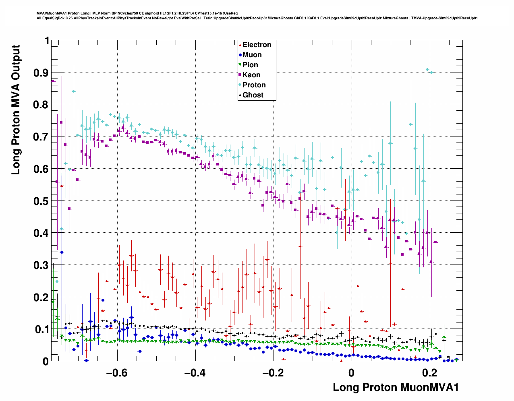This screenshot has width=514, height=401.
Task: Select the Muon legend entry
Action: click(x=252, y=55)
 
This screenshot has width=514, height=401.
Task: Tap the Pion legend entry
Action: click(x=250, y=65)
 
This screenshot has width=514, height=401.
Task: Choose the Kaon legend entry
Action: click(x=251, y=75)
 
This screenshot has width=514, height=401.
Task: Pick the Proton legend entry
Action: click(x=253, y=85)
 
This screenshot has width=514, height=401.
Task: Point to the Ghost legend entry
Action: click(x=253, y=95)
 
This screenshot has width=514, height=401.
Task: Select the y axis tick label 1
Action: click(x=47, y=41)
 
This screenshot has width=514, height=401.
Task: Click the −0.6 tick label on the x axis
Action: click(x=116, y=373)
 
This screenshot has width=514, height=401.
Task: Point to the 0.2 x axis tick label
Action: click(x=430, y=373)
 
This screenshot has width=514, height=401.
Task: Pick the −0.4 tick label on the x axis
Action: click(x=195, y=373)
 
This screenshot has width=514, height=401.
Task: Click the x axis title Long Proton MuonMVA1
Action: click(x=396, y=387)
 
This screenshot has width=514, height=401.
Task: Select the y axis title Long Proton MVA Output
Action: click(x=16, y=110)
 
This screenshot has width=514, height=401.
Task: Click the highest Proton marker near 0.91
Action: click(x=427, y=70)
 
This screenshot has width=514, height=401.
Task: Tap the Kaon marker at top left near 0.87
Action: click(x=53, y=81)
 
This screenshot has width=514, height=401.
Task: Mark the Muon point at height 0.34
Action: click(x=62, y=252)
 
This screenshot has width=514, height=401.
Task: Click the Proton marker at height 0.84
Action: click(x=74, y=91)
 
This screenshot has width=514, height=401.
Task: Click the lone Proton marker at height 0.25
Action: click(x=57, y=281)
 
